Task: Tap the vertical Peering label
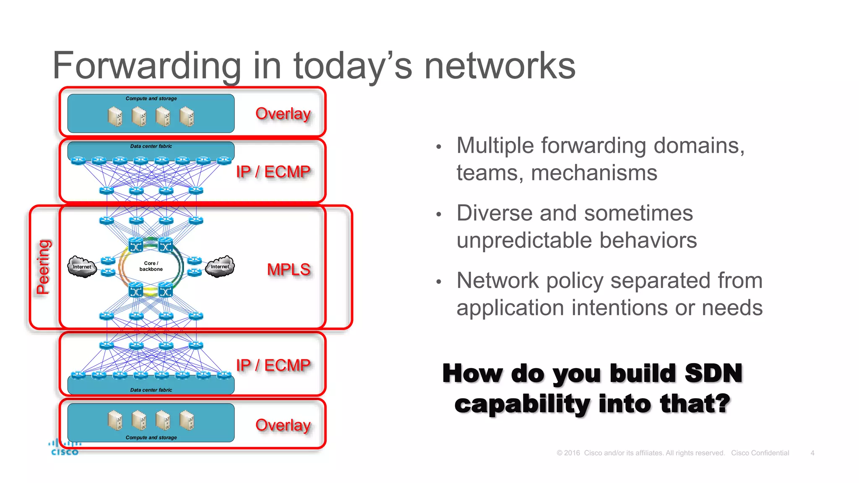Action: (43, 267)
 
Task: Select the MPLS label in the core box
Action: (289, 270)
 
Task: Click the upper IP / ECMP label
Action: (273, 172)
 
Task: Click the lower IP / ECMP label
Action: (273, 365)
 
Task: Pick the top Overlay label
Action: (283, 114)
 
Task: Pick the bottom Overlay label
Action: (283, 425)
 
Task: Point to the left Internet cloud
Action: (82, 267)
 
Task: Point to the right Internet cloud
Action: (220, 267)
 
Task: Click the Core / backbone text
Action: (151, 266)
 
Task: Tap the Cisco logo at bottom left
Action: (64, 448)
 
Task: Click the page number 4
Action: (812, 453)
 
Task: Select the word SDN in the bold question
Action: (713, 373)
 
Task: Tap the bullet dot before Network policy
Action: (439, 282)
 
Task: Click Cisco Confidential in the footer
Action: (760, 453)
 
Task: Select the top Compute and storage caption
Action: (151, 99)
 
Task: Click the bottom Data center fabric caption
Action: (151, 390)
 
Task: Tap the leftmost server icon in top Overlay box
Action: (115, 117)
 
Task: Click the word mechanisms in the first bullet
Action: (594, 173)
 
